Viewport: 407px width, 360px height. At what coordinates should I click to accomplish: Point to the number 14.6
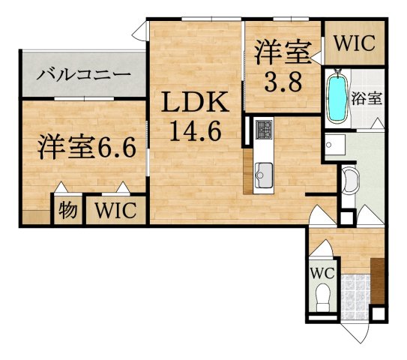coord(193,132)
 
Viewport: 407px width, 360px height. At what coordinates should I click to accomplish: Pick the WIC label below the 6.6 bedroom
coord(115,211)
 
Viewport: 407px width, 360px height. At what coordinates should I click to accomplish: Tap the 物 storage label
coord(67,211)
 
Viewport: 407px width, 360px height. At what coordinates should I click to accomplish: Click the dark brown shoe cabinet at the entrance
coord(378,280)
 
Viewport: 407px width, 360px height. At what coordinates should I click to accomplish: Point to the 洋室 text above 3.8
coord(282,52)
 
